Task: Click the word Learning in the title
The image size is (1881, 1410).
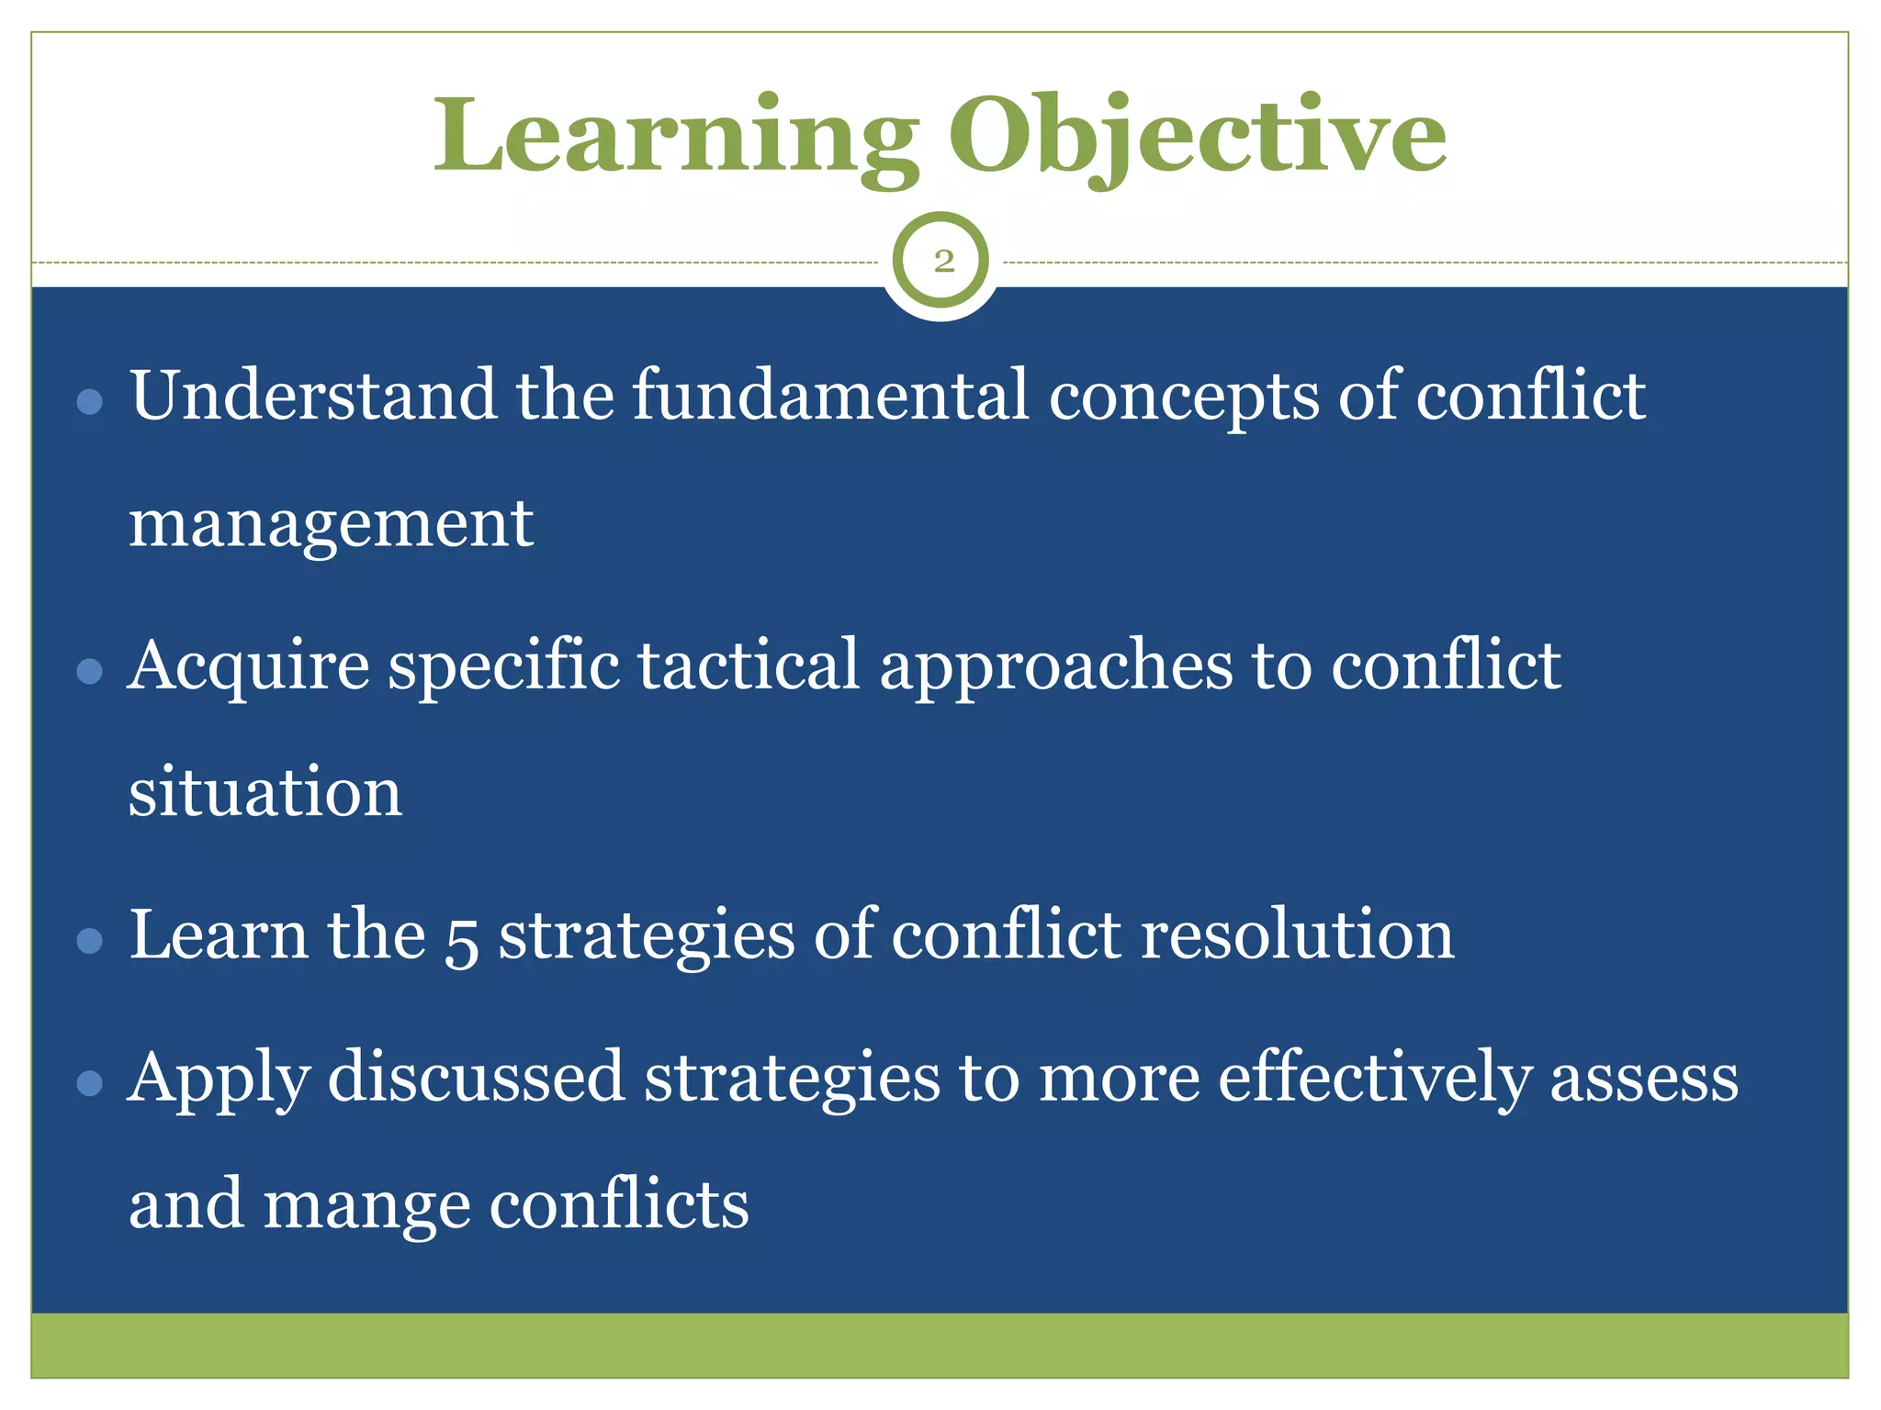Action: pyautogui.click(x=675, y=138)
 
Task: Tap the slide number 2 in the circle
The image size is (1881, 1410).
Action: pyautogui.click(x=943, y=262)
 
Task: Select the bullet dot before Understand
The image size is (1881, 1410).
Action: pyautogui.click(x=90, y=401)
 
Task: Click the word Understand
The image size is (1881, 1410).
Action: pyautogui.click(x=312, y=396)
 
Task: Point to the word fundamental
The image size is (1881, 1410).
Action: pyautogui.click(x=830, y=396)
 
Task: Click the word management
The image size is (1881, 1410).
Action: pyautogui.click(x=331, y=525)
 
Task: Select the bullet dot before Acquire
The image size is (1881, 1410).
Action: pyautogui.click(x=90, y=672)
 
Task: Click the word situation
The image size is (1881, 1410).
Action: pyautogui.click(x=265, y=791)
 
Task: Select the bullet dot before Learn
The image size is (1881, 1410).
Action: pyautogui.click(x=90, y=941)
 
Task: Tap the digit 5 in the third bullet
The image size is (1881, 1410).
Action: pyautogui.click(x=462, y=940)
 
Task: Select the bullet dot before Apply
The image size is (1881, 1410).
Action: pyautogui.click(x=90, y=1083)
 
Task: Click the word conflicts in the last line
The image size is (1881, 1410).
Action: pyautogui.click(x=619, y=1204)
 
